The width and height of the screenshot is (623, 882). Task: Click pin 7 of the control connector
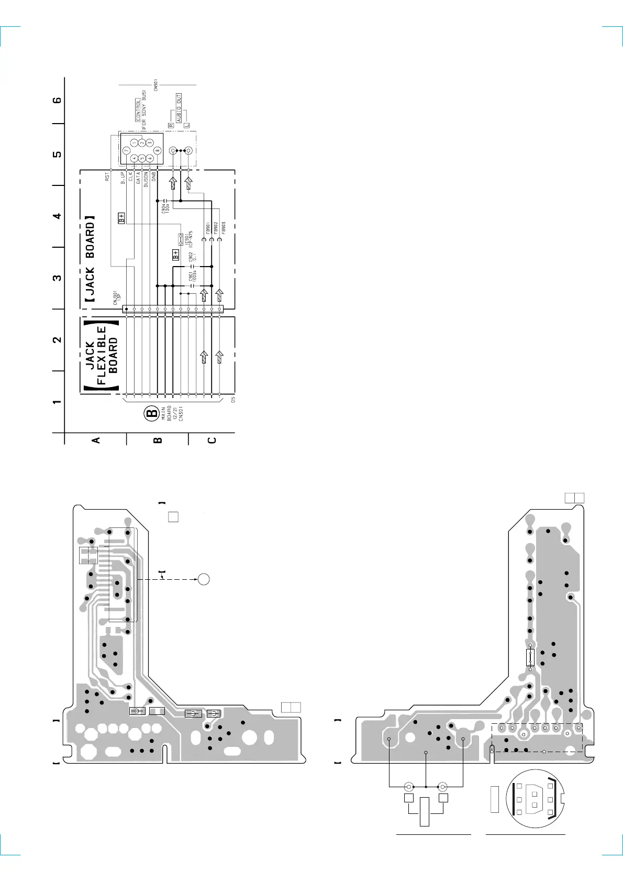click(126, 150)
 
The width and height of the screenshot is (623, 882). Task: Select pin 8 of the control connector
click(158, 150)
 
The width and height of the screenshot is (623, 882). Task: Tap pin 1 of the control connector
click(135, 142)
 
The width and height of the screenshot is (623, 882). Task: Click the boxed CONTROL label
click(138, 110)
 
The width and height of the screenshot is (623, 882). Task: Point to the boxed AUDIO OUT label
click(179, 108)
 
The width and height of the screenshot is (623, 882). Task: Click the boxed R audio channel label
click(171, 125)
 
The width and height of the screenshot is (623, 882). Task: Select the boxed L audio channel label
click(186, 125)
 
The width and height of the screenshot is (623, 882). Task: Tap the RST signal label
click(107, 177)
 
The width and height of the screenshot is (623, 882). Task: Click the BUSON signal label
click(146, 178)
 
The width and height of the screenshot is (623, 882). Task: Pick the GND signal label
click(154, 177)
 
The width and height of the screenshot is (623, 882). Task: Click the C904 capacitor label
click(165, 208)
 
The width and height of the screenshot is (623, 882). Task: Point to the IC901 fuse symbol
click(181, 239)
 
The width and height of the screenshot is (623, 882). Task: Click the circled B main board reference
click(151, 414)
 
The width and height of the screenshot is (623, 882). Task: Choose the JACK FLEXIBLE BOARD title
click(102, 355)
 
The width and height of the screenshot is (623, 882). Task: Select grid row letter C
click(212, 440)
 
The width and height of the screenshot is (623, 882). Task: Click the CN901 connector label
click(156, 85)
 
